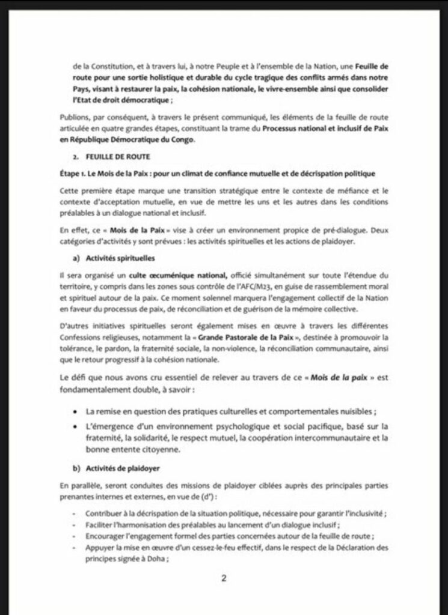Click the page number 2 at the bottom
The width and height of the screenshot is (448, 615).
click(224, 579)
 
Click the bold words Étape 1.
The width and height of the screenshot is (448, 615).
click(75, 174)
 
